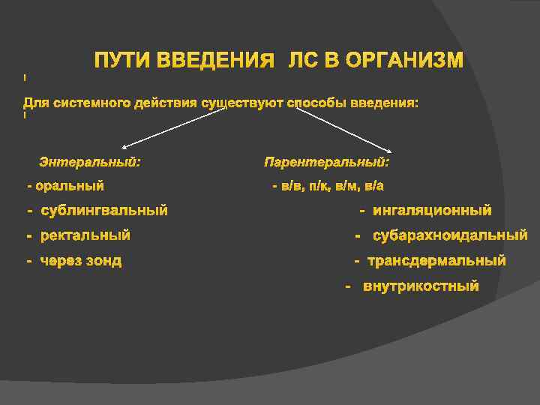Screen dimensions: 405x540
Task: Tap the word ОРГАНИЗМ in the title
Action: [404, 60]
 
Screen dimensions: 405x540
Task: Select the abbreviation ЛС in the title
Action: [304, 60]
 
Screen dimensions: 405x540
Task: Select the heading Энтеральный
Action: [90, 162]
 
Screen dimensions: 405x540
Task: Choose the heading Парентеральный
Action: [327, 162]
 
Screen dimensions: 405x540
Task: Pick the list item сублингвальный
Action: [104, 211]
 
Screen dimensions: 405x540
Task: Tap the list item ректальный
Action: [85, 235]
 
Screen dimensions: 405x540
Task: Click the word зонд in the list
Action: [104, 261]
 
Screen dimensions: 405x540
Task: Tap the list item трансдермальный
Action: [436, 261]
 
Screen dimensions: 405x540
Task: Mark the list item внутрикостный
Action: [421, 286]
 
